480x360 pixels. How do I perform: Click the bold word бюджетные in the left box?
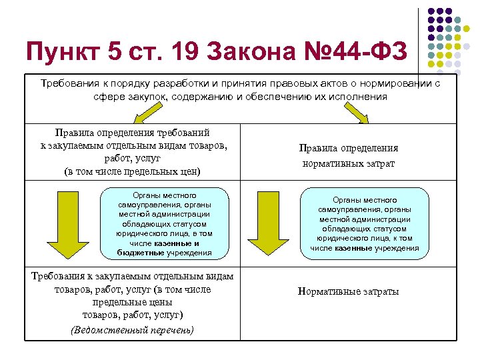139,253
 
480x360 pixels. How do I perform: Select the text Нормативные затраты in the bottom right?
349,291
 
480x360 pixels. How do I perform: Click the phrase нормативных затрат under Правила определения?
349,163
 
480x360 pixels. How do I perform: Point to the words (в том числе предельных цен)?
132,171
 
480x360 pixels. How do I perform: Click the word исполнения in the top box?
364,97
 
